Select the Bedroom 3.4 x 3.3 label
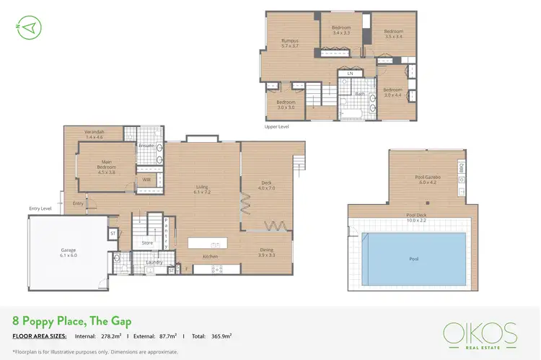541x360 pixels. pyautogui.click(x=341, y=30)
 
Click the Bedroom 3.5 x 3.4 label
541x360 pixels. pyautogui.click(x=393, y=33)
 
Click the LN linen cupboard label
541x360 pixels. pyautogui.click(x=350, y=74)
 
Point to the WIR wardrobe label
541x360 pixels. pyautogui.click(x=146, y=180)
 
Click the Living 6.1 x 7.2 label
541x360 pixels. pyautogui.click(x=202, y=190)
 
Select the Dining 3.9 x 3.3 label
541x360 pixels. pyautogui.click(x=266, y=253)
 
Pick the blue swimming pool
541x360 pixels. pyautogui.click(x=413, y=258)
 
